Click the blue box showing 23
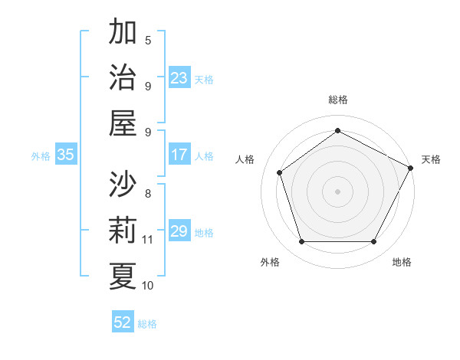[x=179, y=77]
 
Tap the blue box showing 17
[x=179, y=155]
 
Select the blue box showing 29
[x=179, y=231]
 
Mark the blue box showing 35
[x=66, y=155]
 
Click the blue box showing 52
[x=123, y=322]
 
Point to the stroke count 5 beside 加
[x=148, y=41]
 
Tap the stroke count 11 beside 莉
[x=148, y=240]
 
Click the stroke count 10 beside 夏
[x=148, y=286]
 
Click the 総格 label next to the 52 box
[x=147, y=324]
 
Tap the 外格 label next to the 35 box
[x=41, y=156]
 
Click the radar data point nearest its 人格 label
[x=280, y=172]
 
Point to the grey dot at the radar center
[x=337, y=191]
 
